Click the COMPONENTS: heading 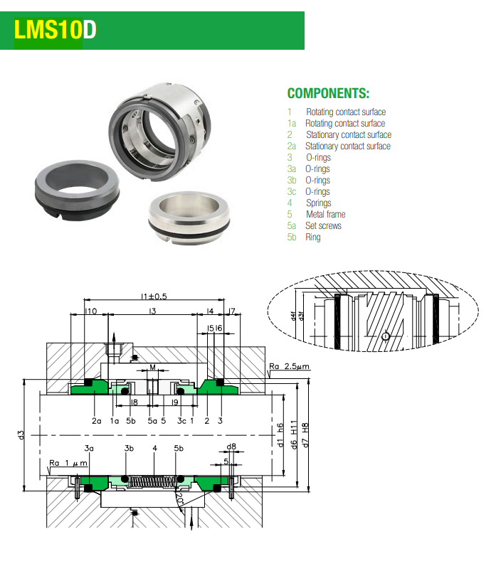click(x=328, y=94)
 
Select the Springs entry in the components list click(x=318, y=203)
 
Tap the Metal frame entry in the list click(x=325, y=215)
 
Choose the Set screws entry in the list click(x=323, y=226)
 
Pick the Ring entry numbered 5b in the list click(x=312, y=237)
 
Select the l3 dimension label click(x=152, y=311)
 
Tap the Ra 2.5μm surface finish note click(x=289, y=367)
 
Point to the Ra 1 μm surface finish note click(x=68, y=464)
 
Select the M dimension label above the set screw click(x=153, y=368)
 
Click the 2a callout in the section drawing click(x=96, y=421)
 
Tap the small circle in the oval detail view click(x=385, y=336)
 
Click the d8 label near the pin click(x=231, y=447)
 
